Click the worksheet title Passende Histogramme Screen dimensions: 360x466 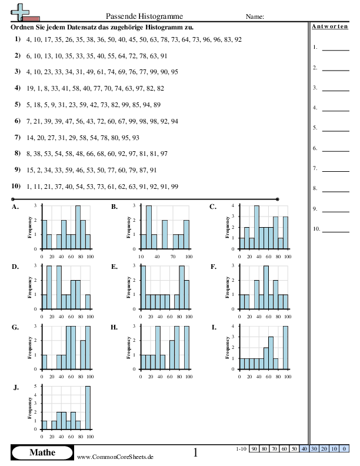[x=144, y=16]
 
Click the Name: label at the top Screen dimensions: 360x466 [x=255, y=16]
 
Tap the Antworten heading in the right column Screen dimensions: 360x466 [x=329, y=26]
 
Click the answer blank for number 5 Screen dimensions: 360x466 [x=336, y=131]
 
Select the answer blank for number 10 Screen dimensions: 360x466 [x=336, y=232]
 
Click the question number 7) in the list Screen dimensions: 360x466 [x=18, y=137]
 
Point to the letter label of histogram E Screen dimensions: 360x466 [x=114, y=267]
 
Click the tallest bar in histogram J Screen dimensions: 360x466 [x=88, y=407]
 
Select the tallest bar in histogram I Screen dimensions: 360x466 [x=285, y=347]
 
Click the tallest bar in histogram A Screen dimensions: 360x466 [x=78, y=227]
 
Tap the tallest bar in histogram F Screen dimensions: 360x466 [x=266, y=287]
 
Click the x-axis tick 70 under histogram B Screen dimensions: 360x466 [x=173, y=257]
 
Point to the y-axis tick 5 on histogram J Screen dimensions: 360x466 [x=35, y=386]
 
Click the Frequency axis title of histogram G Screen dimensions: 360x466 [x=29, y=347]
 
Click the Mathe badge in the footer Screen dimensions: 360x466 [x=42, y=452]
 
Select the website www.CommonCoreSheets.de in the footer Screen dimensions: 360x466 [x=115, y=457]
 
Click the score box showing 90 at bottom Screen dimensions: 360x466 [x=254, y=448]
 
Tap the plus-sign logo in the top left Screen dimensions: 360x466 [x=20, y=12]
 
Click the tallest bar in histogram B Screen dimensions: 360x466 [x=149, y=227]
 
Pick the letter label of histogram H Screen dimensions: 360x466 [x=114, y=327]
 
